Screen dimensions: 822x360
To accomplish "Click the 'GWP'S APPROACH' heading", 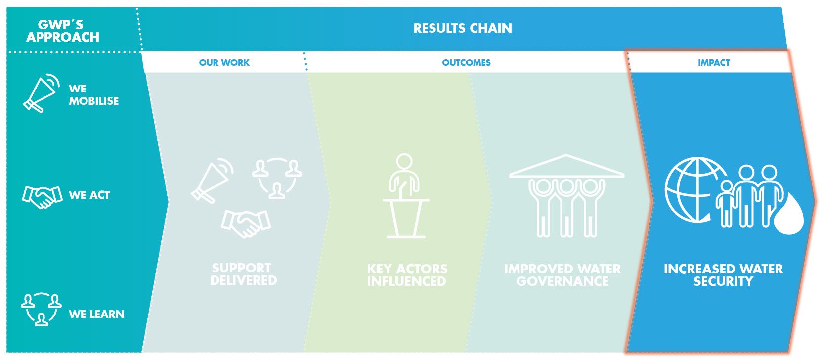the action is click(63, 31).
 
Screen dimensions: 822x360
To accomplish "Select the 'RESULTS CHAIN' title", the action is click(462, 28).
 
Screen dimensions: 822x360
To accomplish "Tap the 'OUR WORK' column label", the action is click(224, 63).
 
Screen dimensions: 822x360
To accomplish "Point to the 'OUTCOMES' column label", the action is click(466, 63).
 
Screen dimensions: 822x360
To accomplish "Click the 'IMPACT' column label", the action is click(714, 63).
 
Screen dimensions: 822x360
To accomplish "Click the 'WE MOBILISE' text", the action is click(93, 94).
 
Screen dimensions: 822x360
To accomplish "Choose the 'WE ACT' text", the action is click(89, 195).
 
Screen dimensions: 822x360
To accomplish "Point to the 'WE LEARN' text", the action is click(96, 314).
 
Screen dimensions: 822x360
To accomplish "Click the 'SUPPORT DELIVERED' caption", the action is click(244, 274).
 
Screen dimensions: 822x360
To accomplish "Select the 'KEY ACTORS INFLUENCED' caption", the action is click(407, 275).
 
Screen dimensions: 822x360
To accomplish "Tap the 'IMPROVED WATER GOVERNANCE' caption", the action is click(562, 275).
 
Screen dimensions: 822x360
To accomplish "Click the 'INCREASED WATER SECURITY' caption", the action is click(723, 275).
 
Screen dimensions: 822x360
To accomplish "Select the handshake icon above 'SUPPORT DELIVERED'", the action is click(246, 223).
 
